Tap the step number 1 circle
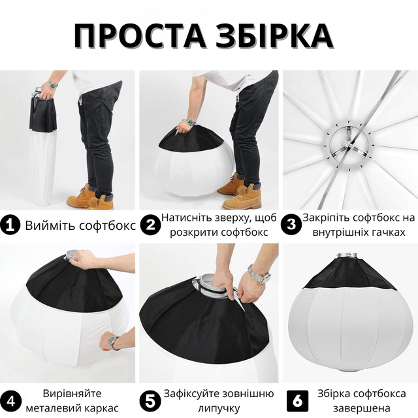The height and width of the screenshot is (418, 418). (10, 226)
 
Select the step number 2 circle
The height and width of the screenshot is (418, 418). (150, 225)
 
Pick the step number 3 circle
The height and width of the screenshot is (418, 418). (291, 225)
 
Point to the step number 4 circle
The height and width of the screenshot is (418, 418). (10, 401)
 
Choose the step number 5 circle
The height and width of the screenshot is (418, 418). (150, 401)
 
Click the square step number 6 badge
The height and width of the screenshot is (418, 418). (298, 401)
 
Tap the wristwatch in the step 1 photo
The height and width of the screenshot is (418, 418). (53, 85)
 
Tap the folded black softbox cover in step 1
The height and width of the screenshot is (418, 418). (43, 114)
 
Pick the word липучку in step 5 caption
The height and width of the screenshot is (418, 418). (219, 408)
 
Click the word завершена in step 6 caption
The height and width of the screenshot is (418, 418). (361, 408)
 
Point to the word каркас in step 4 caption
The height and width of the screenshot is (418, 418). (101, 408)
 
